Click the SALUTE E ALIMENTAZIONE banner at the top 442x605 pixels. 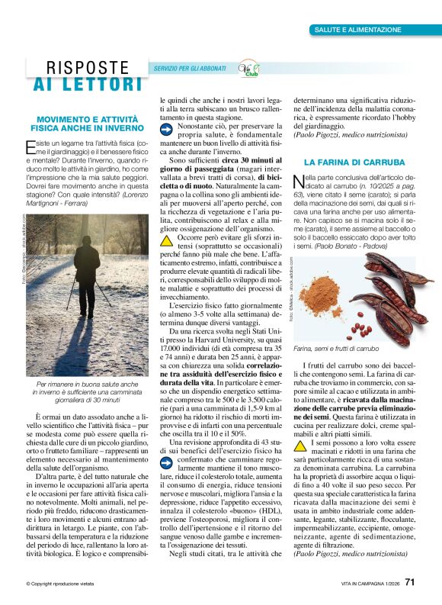coord(357,30)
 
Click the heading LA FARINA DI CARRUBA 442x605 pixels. coord(354,163)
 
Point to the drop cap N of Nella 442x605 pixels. coord(299,182)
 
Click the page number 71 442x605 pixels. coord(409,583)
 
